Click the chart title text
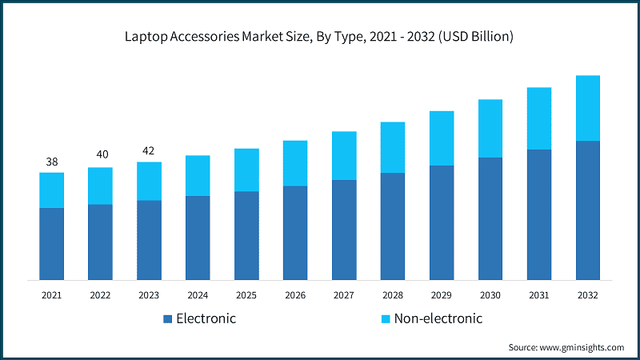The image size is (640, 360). [319, 37]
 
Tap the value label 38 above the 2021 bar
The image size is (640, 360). [52, 162]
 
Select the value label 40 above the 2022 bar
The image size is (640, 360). [100, 154]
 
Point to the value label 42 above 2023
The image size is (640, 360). [149, 149]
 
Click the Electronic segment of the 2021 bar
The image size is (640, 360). [52, 244]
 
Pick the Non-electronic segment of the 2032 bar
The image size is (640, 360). [587, 108]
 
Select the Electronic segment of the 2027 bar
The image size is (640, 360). [344, 230]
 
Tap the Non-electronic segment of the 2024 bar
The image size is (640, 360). [198, 175]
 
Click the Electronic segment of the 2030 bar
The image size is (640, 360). [490, 218]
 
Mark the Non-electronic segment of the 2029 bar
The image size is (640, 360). [442, 138]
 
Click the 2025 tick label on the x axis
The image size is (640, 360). [246, 295]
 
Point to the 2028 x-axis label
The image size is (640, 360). [392, 295]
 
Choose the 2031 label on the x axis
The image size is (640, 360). [538, 295]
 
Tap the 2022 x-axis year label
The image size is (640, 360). [100, 295]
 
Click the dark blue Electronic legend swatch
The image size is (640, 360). [168, 319]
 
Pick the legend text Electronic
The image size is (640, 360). [206, 318]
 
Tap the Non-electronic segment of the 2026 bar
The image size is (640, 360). [295, 163]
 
